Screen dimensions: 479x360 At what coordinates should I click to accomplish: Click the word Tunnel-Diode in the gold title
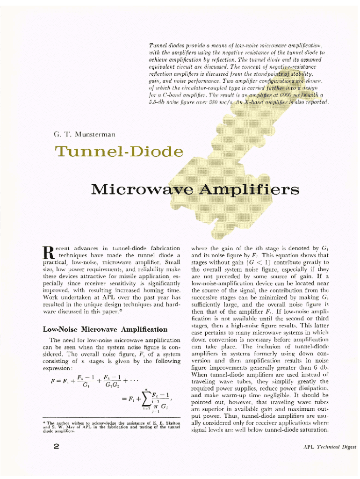tap(119, 152)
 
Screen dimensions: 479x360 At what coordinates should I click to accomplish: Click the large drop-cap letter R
tap(49, 253)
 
